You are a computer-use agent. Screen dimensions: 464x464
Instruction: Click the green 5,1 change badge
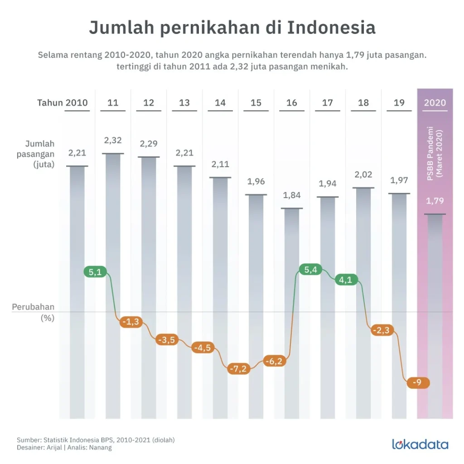(x=95, y=272)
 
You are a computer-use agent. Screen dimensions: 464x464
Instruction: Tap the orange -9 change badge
(x=417, y=382)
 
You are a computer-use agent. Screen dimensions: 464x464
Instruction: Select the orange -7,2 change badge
(x=238, y=369)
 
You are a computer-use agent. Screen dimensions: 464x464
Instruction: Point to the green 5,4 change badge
(x=310, y=271)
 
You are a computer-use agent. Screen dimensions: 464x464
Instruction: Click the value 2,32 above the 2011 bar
(x=113, y=140)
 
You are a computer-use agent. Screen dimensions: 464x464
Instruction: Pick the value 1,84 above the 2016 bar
(x=292, y=195)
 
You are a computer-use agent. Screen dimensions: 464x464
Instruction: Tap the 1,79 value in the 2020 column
(x=435, y=201)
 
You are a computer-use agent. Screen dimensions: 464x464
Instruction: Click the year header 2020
(x=435, y=103)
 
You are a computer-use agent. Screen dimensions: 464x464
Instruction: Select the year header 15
(x=256, y=103)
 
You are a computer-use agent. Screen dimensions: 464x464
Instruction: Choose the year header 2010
(x=77, y=103)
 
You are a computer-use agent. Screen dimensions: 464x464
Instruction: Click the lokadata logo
(x=420, y=444)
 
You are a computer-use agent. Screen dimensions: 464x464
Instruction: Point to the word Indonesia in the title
(x=331, y=28)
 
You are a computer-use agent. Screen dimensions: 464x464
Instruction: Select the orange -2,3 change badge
(x=381, y=330)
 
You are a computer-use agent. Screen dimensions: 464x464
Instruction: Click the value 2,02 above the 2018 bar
(x=363, y=174)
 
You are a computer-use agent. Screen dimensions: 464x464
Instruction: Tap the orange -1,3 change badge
(x=131, y=322)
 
